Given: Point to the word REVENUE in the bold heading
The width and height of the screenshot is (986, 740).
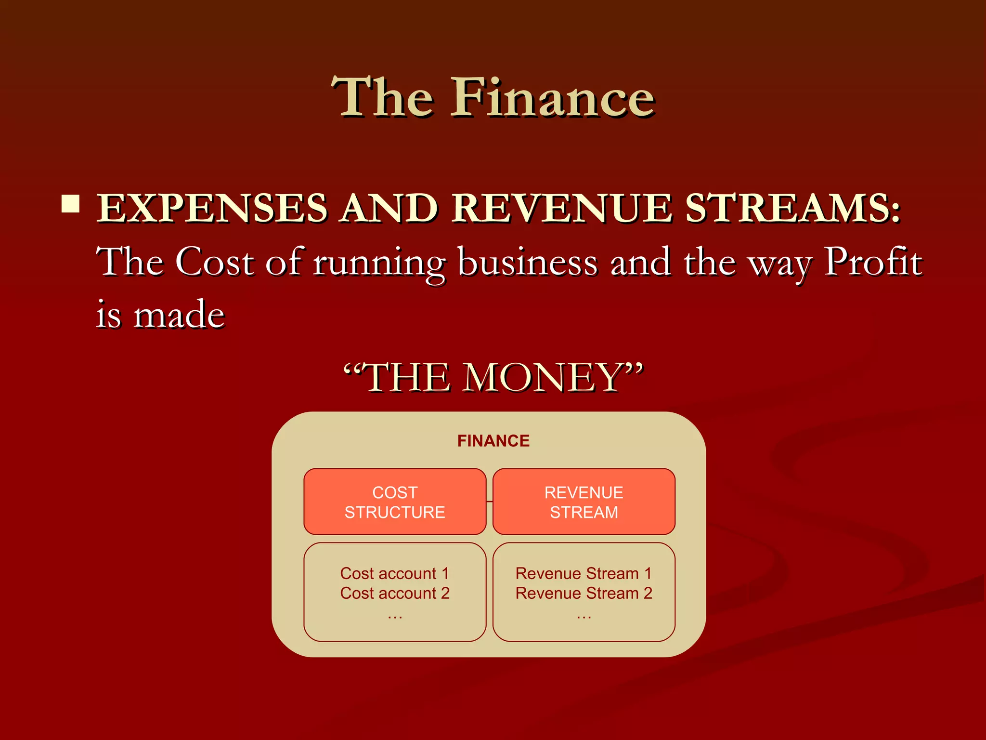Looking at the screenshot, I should pos(561,208).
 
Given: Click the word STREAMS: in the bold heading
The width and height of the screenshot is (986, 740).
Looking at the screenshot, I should pos(792,208).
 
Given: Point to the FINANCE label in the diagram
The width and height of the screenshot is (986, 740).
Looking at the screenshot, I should pos(493,441).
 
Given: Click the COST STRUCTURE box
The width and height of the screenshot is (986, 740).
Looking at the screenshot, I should pos(395,502).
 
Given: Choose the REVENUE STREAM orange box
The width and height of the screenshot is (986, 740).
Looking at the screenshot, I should pos(584,502).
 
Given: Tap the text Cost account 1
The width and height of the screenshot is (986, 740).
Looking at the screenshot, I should pos(395,573).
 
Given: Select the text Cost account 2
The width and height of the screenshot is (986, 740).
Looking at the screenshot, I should pos(395,593).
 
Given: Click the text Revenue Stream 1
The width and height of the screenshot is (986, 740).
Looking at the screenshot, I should pos(584,573).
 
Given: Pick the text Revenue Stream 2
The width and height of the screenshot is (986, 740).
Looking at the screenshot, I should pos(584,593).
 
